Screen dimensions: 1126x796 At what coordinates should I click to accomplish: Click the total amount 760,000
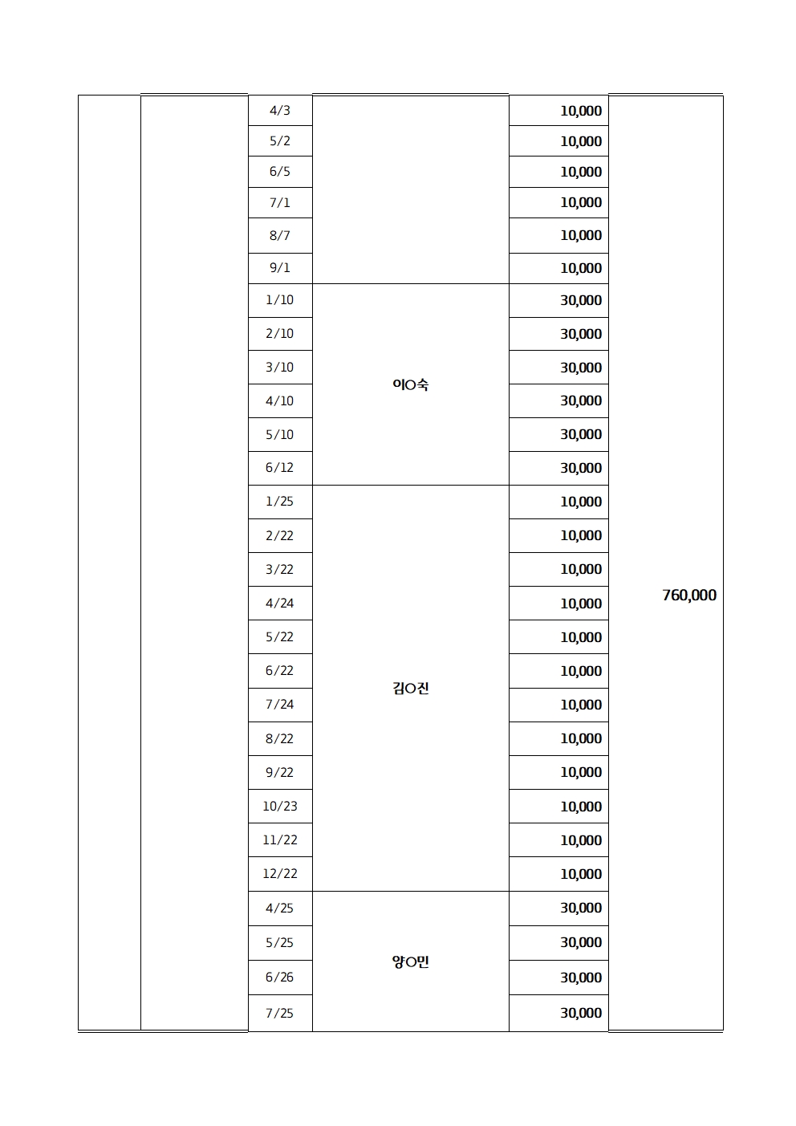pyautogui.click(x=689, y=595)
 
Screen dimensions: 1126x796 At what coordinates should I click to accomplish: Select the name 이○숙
pyautogui.click(x=410, y=384)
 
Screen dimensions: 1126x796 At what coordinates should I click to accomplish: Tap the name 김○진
pyautogui.click(x=410, y=688)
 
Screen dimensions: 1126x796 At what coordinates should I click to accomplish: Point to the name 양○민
pyautogui.click(x=410, y=961)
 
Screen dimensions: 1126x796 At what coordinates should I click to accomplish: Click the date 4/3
pyautogui.click(x=280, y=110)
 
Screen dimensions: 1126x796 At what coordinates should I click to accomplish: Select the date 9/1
pyautogui.click(x=280, y=267)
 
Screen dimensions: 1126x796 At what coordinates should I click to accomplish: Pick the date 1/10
pyautogui.click(x=280, y=299)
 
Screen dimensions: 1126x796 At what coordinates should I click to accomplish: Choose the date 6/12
pyautogui.click(x=280, y=467)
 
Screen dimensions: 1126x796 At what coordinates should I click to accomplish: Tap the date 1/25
pyautogui.click(x=280, y=501)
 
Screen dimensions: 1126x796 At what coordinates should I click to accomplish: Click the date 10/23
pyautogui.click(x=280, y=806)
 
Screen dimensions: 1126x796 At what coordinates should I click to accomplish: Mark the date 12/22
pyautogui.click(x=280, y=873)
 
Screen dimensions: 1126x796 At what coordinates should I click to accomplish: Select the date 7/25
pyautogui.click(x=280, y=1013)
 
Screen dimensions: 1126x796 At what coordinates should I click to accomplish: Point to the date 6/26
pyautogui.click(x=280, y=977)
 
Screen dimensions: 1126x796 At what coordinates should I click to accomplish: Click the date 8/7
pyautogui.click(x=280, y=235)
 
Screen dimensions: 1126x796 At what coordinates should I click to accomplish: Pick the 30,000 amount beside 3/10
pyautogui.click(x=581, y=368)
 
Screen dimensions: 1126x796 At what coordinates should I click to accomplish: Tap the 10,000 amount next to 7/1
pyautogui.click(x=581, y=202)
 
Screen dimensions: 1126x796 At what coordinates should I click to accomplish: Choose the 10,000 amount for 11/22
pyautogui.click(x=581, y=840)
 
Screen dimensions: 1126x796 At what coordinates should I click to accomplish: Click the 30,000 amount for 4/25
pyautogui.click(x=581, y=908)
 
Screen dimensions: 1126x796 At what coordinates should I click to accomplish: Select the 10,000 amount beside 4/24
pyautogui.click(x=581, y=604)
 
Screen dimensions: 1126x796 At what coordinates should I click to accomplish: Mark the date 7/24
pyautogui.click(x=280, y=704)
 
